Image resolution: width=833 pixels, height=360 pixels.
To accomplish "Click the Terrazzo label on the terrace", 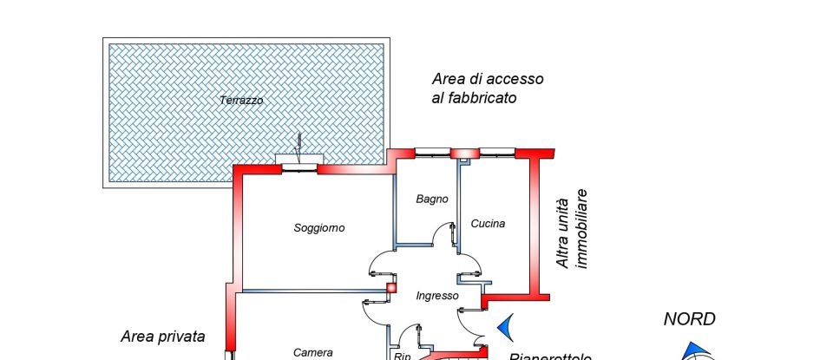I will (241, 101).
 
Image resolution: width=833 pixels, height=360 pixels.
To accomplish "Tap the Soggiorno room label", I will (319, 228).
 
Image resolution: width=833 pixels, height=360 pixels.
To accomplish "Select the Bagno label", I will (432, 199).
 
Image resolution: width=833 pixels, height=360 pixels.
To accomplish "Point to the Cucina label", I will (488, 224).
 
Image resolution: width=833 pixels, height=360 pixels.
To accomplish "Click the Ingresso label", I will (436, 296).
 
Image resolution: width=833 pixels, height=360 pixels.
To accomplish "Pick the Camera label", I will (313, 352).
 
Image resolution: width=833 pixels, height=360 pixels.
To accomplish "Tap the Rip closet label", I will (402, 356).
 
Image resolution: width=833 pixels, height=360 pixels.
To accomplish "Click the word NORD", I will (690, 319).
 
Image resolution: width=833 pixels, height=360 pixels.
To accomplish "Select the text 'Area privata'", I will (163, 337).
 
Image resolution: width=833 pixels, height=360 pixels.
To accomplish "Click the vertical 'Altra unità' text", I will (564, 229).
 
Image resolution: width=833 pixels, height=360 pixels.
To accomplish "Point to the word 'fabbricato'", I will (474, 98).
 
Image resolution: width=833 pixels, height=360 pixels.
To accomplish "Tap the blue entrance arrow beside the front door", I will (505, 326).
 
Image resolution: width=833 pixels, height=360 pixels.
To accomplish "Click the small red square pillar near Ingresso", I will (391, 287).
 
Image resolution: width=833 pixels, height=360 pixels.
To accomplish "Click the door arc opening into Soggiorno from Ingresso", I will (379, 260).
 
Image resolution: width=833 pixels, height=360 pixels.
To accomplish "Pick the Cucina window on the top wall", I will (495, 153).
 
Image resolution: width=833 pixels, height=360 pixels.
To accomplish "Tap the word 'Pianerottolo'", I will (550, 357).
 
